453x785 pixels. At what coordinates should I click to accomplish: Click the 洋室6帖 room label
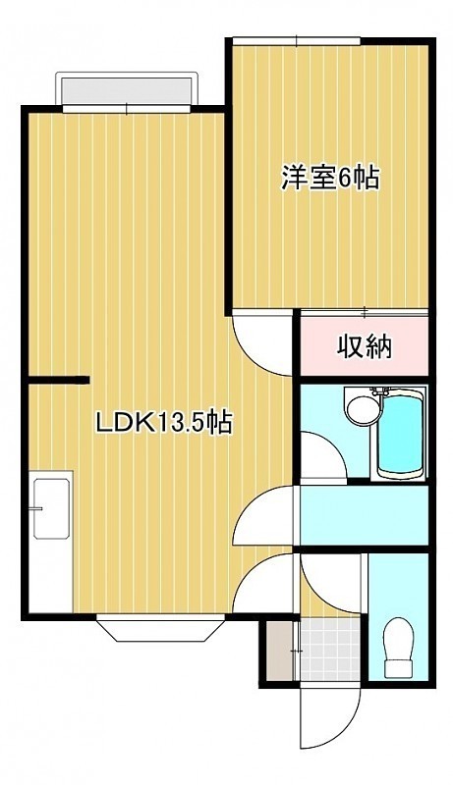click(x=329, y=179)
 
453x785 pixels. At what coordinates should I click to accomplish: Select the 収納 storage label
click(x=364, y=346)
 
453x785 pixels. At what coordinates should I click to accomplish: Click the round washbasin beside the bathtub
click(x=363, y=407)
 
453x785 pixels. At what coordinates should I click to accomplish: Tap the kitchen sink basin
click(x=51, y=508)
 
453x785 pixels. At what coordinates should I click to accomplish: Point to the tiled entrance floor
click(x=330, y=650)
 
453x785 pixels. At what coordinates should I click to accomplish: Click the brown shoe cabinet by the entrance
click(x=279, y=651)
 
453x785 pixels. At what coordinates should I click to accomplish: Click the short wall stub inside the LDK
click(x=58, y=380)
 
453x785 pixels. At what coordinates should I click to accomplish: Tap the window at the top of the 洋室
click(x=297, y=40)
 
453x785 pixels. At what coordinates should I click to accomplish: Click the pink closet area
click(x=364, y=345)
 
